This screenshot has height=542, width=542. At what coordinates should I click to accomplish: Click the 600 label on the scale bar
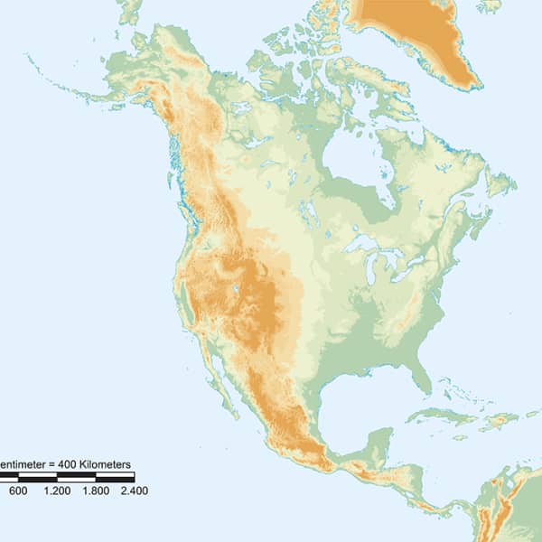point(18,491)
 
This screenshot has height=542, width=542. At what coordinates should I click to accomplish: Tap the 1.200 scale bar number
point(57,491)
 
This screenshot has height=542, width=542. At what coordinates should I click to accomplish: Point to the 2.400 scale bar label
point(134,491)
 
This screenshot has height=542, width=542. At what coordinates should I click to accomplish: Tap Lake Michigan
point(371,266)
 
